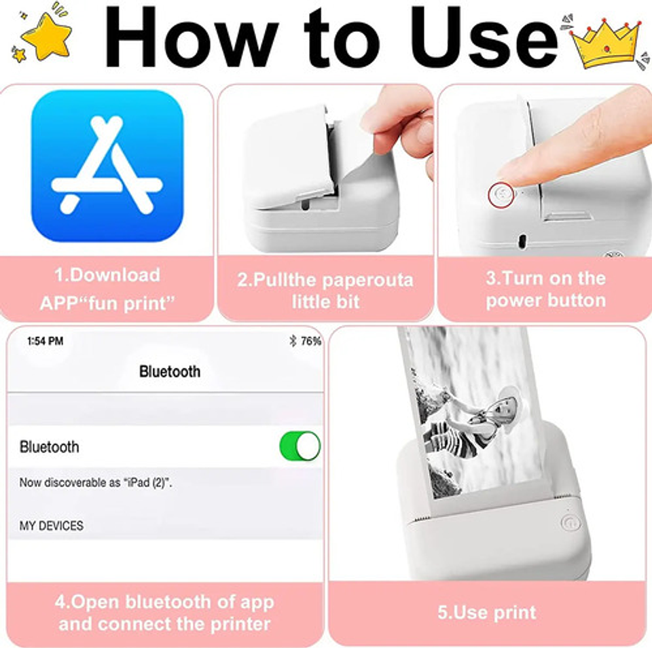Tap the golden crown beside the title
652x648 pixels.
pyautogui.click(x=606, y=42)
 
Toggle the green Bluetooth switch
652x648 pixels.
pyautogui.click(x=300, y=446)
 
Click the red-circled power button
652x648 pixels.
pyautogui.click(x=499, y=194)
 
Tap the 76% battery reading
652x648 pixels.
pyautogui.click(x=311, y=341)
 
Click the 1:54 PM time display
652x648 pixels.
pyautogui.click(x=46, y=341)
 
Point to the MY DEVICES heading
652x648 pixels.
pyautogui.click(x=52, y=526)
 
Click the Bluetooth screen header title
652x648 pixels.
pyautogui.click(x=170, y=372)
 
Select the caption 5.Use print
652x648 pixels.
pyautogui.click(x=487, y=612)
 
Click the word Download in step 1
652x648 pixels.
pyautogui.click(x=115, y=275)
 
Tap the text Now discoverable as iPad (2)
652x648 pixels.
pyautogui.click(x=95, y=483)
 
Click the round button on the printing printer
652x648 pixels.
pyautogui.click(x=568, y=523)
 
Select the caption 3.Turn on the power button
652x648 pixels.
pyautogui.click(x=545, y=289)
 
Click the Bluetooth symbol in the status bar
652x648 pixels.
pyautogui.click(x=293, y=341)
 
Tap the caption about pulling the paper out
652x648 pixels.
pyautogui.click(x=325, y=290)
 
